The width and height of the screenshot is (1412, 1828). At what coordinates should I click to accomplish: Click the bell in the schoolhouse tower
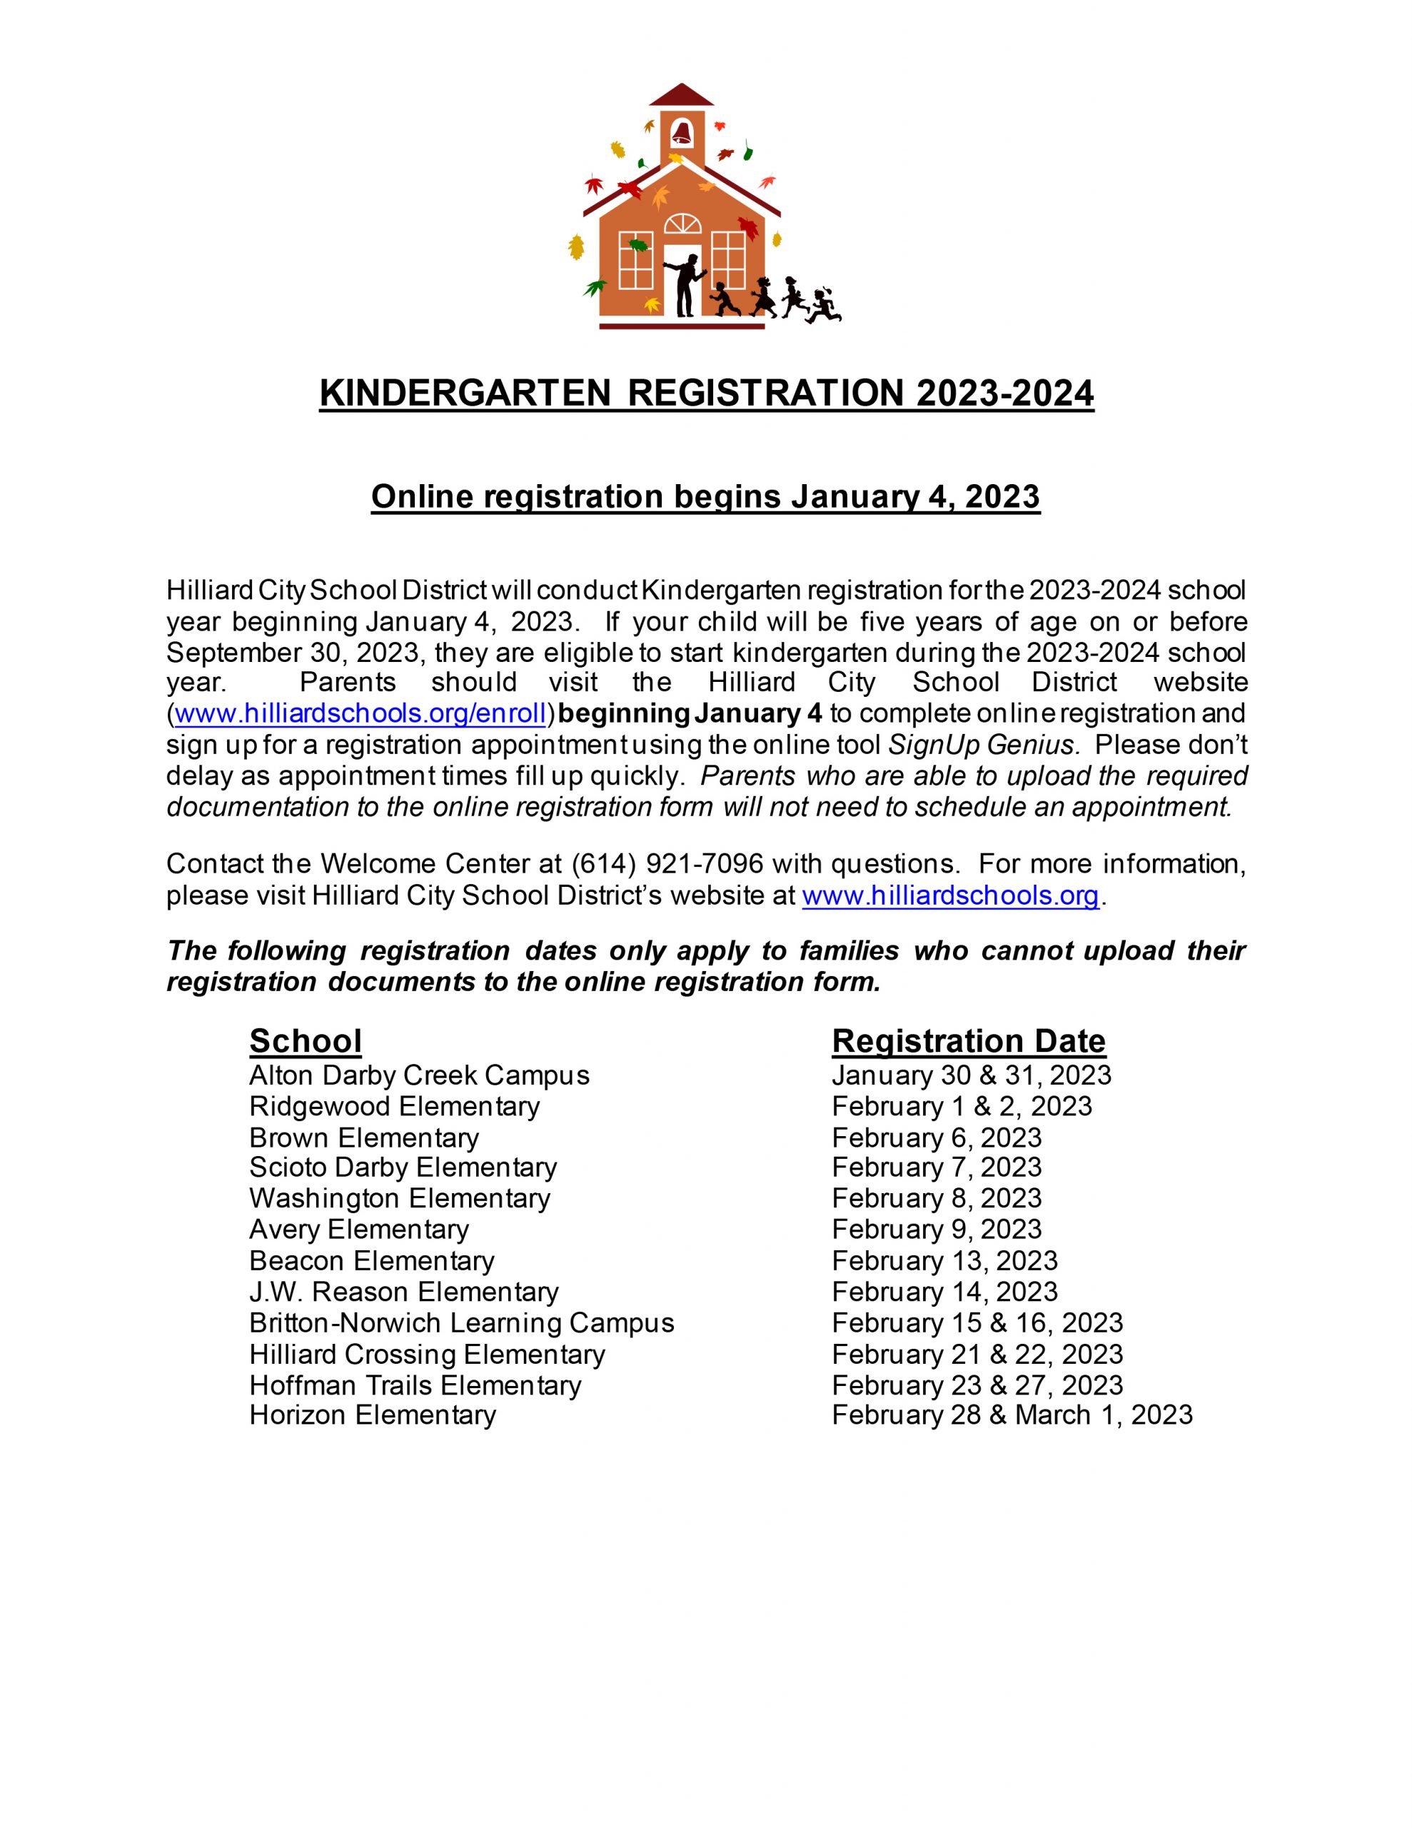(x=681, y=132)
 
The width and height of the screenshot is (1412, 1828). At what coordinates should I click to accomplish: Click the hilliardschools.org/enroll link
(x=360, y=714)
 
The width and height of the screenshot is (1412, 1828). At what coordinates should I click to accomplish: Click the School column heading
(x=306, y=1041)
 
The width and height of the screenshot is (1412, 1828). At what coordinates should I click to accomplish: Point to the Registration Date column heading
(x=969, y=1041)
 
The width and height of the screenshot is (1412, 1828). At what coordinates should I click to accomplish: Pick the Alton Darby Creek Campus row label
(x=419, y=1075)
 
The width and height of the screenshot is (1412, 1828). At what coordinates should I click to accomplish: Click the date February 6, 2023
(x=937, y=1138)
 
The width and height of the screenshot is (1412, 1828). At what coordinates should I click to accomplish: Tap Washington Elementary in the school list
(x=399, y=1199)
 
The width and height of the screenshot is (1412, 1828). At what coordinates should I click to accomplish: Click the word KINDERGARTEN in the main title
(x=465, y=393)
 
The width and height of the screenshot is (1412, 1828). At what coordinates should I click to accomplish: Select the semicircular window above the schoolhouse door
(x=683, y=224)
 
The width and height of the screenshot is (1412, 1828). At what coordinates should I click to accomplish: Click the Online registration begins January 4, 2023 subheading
(x=705, y=496)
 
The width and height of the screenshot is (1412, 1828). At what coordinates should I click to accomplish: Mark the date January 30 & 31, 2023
(x=971, y=1075)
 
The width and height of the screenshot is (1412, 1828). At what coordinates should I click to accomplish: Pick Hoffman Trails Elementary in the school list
(x=415, y=1385)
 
